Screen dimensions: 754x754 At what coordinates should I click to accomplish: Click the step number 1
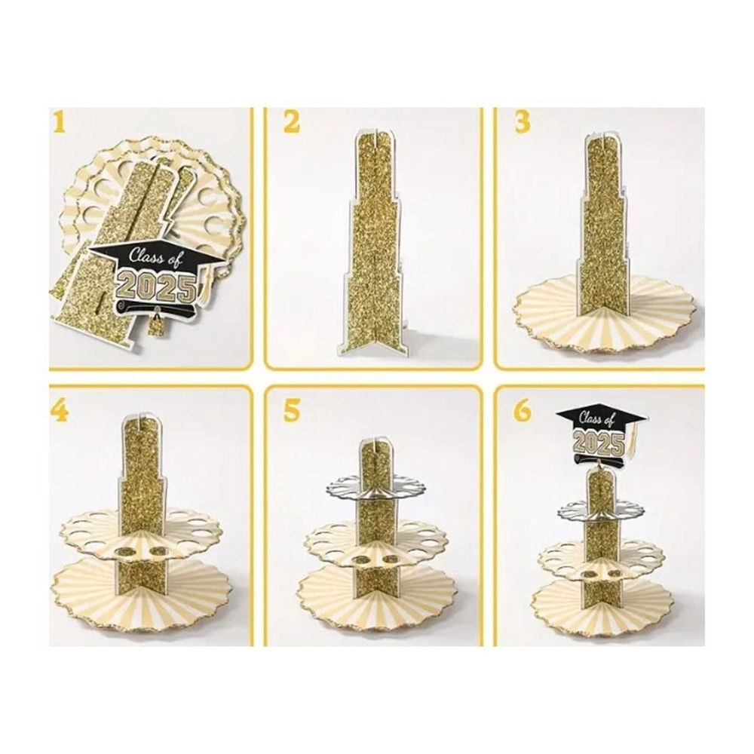point(59,121)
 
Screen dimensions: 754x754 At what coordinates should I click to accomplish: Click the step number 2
point(291,122)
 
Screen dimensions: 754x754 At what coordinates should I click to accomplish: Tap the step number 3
point(523,122)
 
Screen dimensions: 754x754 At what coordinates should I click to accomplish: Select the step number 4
point(59,412)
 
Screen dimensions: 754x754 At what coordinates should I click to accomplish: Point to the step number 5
point(291,412)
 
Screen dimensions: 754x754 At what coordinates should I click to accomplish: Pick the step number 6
point(523,412)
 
